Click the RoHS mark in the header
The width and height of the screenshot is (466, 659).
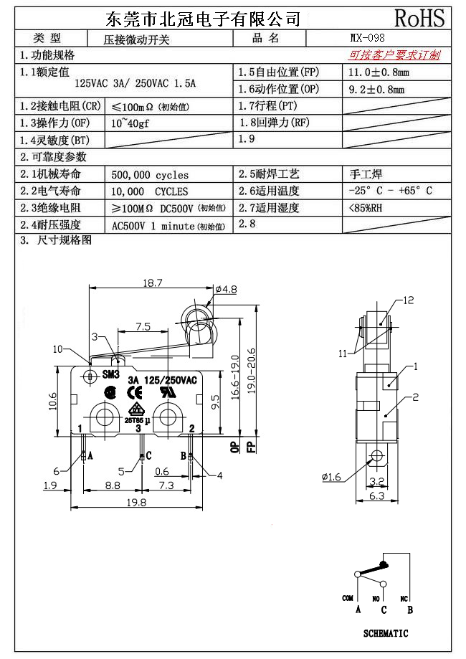click(419, 17)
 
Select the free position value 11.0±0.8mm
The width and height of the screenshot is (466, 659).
click(379, 72)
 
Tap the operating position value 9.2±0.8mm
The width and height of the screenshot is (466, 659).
click(376, 90)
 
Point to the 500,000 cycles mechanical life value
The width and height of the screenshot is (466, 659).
click(151, 174)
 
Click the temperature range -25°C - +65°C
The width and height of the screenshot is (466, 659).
click(390, 191)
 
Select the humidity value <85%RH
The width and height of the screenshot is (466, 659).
click(365, 208)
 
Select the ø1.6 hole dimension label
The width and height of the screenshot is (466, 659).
click(331, 477)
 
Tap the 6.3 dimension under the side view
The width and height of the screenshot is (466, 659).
click(377, 495)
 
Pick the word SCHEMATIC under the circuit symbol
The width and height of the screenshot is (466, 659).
click(386, 633)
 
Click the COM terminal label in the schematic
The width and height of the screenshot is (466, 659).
click(348, 598)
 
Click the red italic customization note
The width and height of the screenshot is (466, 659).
click(394, 55)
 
